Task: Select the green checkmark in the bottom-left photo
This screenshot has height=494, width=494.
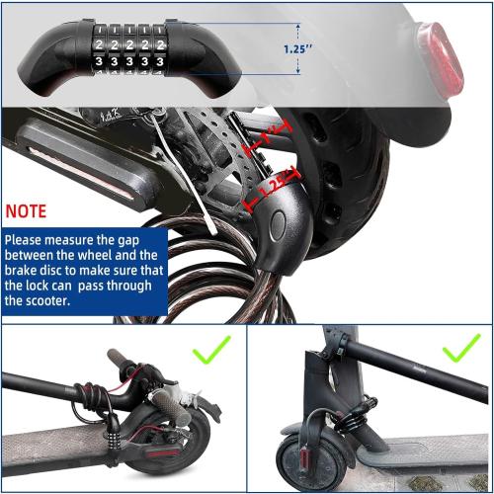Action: (x=211, y=350)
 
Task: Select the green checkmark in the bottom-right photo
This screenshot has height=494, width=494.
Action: (x=460, y=349)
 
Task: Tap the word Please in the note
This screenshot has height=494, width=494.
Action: (x=31, y=240)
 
